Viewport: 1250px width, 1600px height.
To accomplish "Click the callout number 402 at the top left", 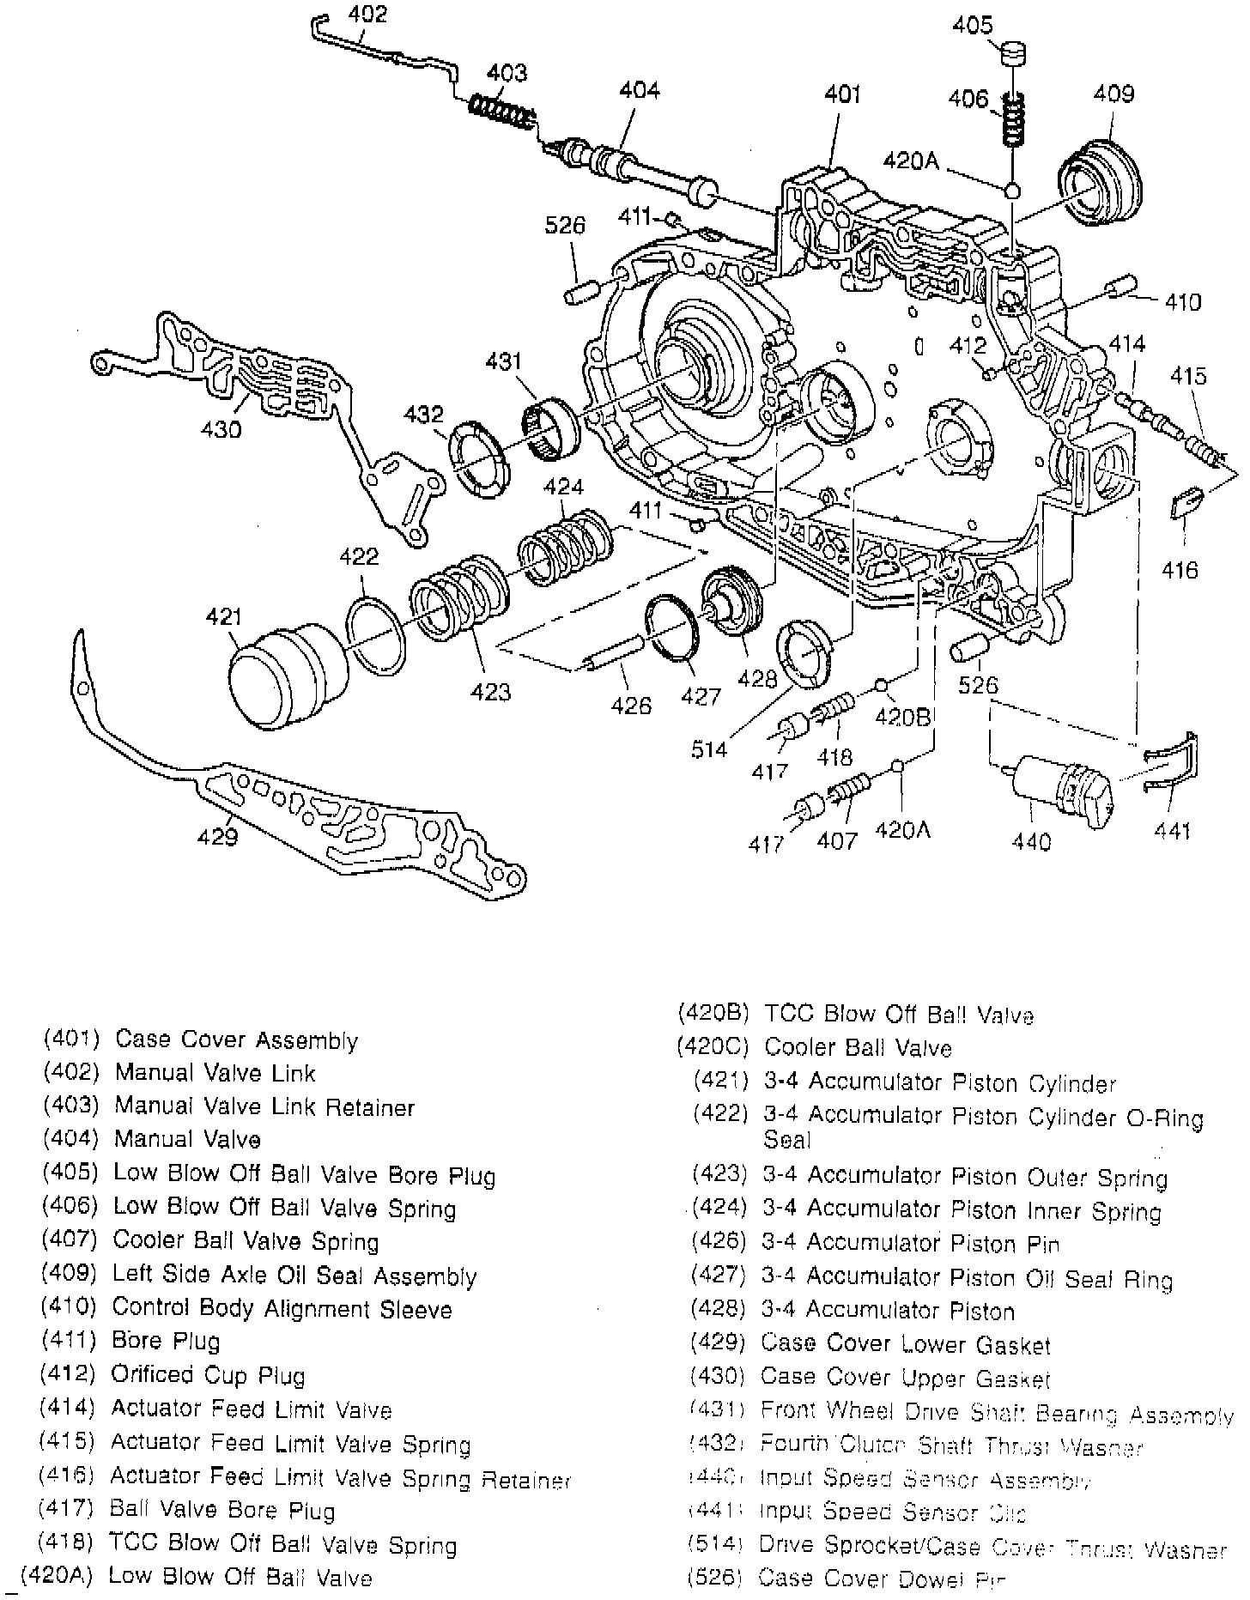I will click(367, 14).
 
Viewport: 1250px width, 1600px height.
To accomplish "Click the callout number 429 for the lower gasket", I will click(217, 835).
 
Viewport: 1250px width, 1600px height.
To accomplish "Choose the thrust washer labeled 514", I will click(804, 652).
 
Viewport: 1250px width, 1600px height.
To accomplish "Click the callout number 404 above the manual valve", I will click(640, 91).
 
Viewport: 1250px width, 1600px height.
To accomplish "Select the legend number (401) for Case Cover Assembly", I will click(72, 1040).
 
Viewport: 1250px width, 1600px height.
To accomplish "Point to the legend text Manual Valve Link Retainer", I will click(264, 1107).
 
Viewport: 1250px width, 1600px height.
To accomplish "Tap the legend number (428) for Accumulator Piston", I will click(719, 1311).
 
